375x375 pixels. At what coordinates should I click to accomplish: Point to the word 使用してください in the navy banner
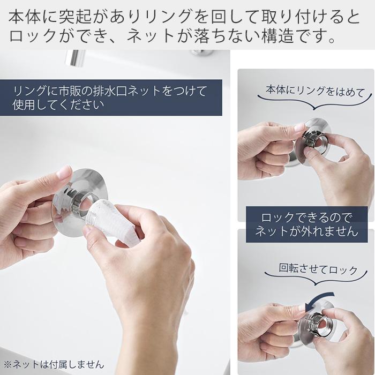pos(58,105)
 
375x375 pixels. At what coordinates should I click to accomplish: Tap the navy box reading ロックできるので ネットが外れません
pos(306,224)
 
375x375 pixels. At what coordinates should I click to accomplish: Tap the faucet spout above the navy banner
pos(76,57)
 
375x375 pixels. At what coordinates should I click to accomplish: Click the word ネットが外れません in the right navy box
pos(306,231)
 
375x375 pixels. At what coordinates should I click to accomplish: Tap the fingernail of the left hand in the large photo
pos(64,172)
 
